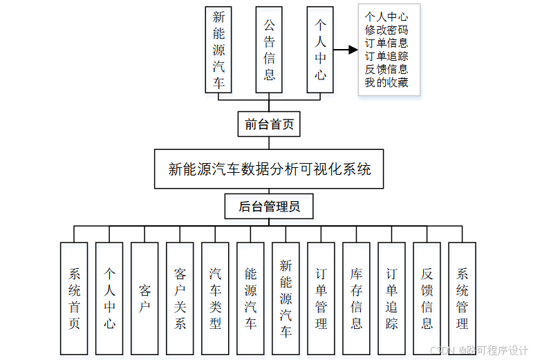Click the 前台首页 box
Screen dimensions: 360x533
tap(269, 124)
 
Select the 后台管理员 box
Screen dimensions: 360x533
tap(269, 206)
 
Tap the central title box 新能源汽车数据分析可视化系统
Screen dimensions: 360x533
tap(270, 168)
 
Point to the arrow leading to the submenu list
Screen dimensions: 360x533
tap(345, 50)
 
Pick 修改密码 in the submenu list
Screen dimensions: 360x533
tap(386, 30)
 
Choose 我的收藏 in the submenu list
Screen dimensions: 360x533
tap(386, 83)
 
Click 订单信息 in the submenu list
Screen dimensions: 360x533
tap(386, 44)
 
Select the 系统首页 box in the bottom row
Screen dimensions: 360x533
tap(74, 299)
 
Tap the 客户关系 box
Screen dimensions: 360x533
tap(180, 299)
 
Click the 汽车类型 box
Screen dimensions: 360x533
tap(215, 299)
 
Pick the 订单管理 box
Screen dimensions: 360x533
tap(321, 299)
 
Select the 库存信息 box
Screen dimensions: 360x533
tap(356, 299)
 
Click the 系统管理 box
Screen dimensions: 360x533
tap(462, 299)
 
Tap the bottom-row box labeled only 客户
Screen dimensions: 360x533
tap(144, 299)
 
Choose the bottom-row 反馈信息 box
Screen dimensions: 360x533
tap(427, 299)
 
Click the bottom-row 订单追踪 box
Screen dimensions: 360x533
tap(391, 299)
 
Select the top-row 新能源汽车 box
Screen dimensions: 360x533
tap(218, 50)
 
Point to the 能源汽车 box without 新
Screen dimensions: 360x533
tap(250, 299)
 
